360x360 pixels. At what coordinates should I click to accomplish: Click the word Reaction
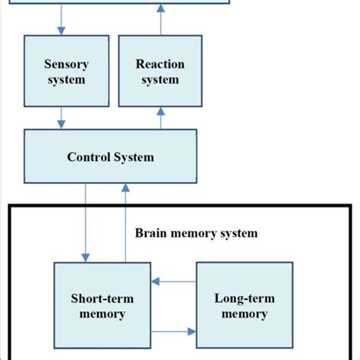160,65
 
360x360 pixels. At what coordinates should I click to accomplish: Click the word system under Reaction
160,80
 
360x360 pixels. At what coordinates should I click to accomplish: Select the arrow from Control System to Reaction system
160,117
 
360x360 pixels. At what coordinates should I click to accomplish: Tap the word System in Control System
134,158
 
